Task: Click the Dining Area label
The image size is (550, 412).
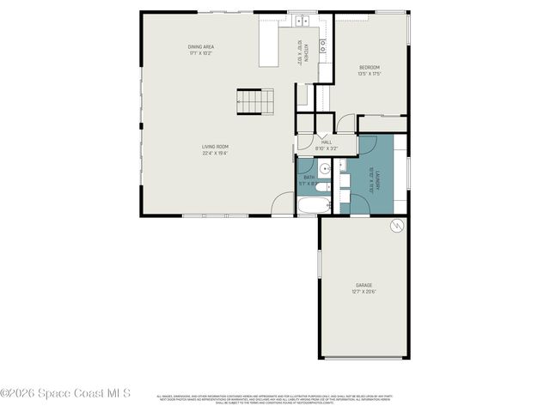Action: click(201, 46)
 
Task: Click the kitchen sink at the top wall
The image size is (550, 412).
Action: click(302, 21)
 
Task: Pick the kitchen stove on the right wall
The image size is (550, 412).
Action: click(323, 46)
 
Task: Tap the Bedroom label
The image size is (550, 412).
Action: click(370, 67)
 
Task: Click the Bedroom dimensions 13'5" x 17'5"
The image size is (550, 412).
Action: click(370, 74)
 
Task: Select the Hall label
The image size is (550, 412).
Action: click(327, 142)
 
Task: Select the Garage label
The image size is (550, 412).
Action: click(364, 285)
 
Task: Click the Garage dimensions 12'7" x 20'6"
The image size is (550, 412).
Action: click(364, 292)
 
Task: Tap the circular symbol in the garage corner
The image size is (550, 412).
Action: click(396, 227)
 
